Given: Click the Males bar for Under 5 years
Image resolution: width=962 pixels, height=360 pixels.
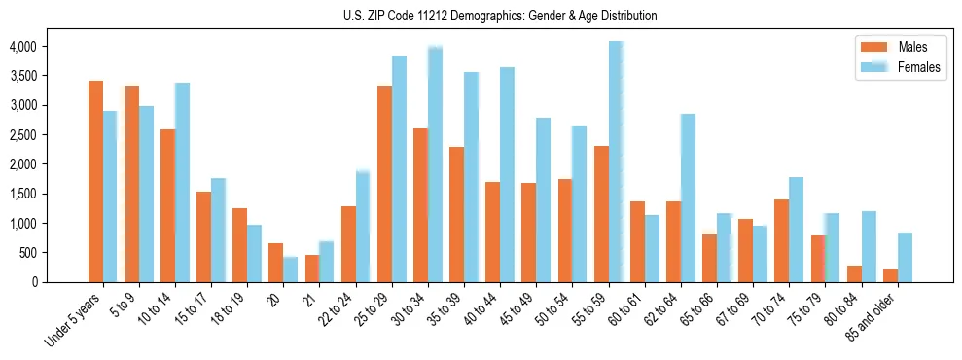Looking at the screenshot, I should pyautogui.click(x=95, y=182).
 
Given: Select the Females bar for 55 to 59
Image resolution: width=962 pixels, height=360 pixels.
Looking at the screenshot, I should pyautogui.click(x=616, y=162).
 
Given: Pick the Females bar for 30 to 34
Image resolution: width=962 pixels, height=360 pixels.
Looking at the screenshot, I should pyautogui.click(x=435, y=164).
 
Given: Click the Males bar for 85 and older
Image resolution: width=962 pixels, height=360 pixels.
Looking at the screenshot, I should pyautogui.click(x=890, y=275).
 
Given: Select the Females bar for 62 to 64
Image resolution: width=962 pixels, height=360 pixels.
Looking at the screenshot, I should pyautogui.click(x=688, y=198).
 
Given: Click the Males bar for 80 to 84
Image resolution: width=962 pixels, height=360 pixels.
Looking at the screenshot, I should pyautogui.click(x=854, y=273).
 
